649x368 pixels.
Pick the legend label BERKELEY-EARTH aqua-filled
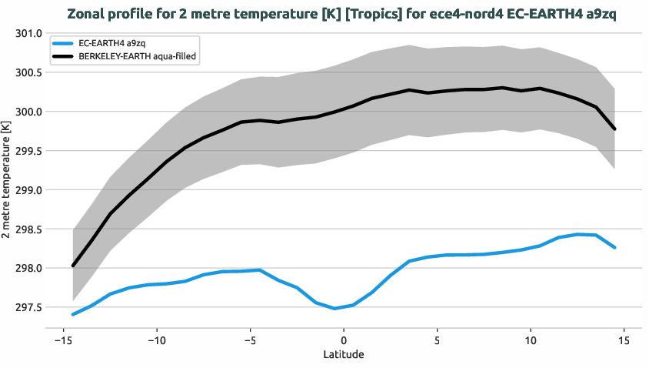coord(138,57)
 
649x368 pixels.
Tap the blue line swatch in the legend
coord(63,45)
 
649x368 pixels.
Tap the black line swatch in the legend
coord(63,57)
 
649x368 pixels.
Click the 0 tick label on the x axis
coord(344,340)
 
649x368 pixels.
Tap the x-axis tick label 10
coord(531,340)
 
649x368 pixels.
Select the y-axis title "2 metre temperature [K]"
coord(7,179)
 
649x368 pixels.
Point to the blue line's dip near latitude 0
coord(334,309)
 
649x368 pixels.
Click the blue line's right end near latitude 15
coord(614,248)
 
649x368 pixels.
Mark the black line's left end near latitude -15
coord(73,266)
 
